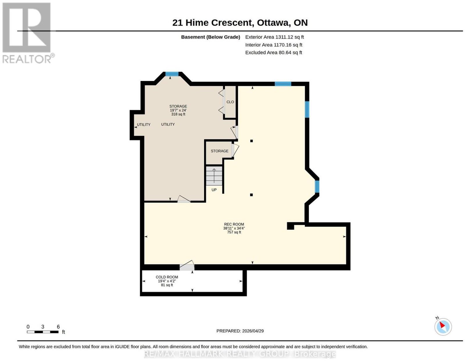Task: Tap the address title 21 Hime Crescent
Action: pos(213,23)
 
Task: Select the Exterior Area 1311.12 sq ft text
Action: pos(274,37)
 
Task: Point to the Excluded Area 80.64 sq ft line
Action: pos(273,53)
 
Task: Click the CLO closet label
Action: pos(230,102)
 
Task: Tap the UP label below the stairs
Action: pos(214,190)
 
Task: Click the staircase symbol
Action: pos(214,176)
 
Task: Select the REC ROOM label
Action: pos(234,224)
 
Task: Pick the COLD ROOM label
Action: pos(167,277)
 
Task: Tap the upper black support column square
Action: pos(251,141)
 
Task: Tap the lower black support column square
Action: pos(251,195)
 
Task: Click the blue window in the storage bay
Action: pos(172,74)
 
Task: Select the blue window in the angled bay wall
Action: pos(317,186)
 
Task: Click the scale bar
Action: pos(43,332)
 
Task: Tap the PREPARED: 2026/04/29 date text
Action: pos(240,331)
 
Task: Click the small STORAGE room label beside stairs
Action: pos(219,151)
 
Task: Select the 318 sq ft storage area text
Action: pos(178,114)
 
